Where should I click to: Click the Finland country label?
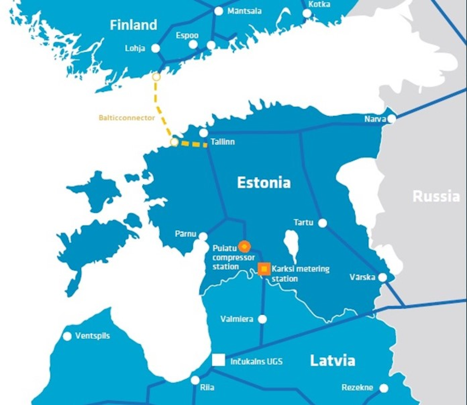point(133,25)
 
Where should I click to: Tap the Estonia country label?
point(264,183)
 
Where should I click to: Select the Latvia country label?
point(332,361)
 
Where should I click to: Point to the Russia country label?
point(436,196)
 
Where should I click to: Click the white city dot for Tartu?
point(322,223)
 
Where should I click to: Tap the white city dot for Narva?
point(391,119)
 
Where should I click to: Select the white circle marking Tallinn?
point(204,133)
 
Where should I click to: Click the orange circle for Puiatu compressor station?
point(244,246)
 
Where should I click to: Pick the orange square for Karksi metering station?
point(264,269)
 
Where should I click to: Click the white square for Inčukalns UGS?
point(218,361)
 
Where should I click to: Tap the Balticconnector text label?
point(127,118)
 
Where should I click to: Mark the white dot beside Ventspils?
point(67,336)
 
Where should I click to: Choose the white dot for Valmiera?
point(263,319)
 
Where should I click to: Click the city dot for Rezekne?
point(384,388)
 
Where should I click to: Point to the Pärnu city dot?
point(203,235)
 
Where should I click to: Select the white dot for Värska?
point(383,277)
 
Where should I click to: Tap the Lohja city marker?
point(155,48)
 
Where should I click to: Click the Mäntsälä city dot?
point(219,11)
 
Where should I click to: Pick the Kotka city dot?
point(307,13)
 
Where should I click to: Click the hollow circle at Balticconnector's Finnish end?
point(156,77)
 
